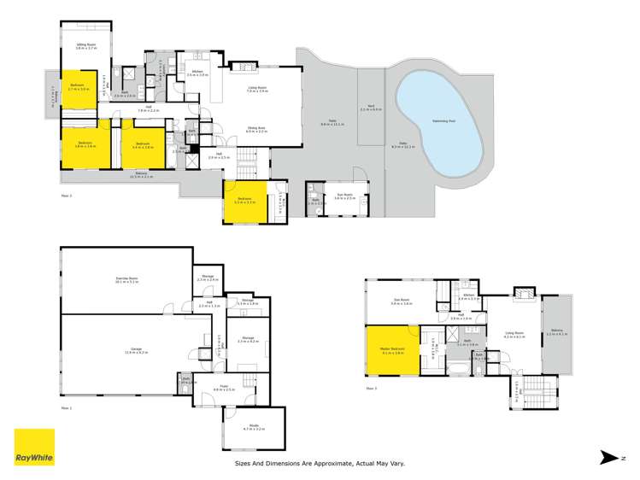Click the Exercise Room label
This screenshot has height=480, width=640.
click(x=127, y=278)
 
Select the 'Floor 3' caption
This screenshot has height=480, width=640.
click(x=372, y=389)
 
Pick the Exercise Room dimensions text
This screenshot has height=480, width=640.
click(x=127, y=283)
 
